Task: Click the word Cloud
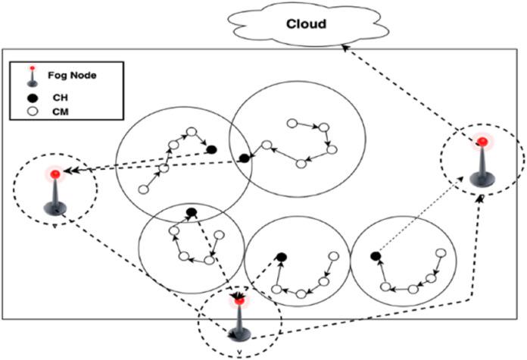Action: tap(306, 23)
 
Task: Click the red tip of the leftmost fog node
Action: tap(55, 175)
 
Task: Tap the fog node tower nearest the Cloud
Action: tap(482, 163)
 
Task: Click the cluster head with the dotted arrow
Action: tap(375, 258)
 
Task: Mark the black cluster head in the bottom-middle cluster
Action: tap(281, 258)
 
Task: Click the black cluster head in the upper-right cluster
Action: tap(244, 158)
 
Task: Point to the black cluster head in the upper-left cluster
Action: tap(211, 149)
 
